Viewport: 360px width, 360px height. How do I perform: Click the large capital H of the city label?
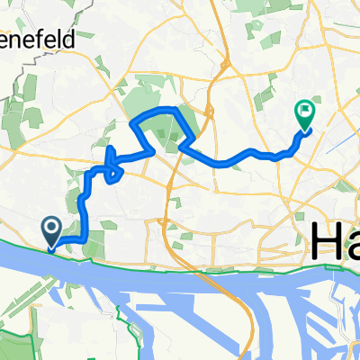[x=328, y=241]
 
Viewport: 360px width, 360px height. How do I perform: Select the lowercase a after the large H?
[x=353, y=245]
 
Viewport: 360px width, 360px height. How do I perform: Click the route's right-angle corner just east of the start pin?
[x=84, y=239]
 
